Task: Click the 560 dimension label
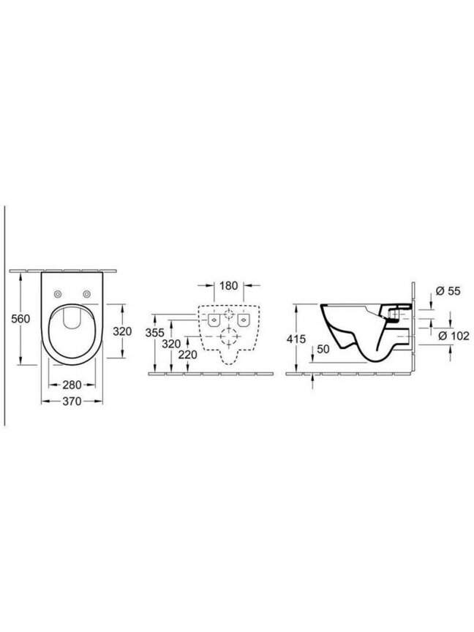point(20,319)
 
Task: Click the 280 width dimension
point(72,385)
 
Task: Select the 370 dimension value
point(72,402)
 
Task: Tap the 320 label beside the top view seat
point(122,331)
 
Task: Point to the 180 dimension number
point(228,286)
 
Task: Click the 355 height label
point(155,333)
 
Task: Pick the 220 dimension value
point(188,355)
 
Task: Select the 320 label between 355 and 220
point(171,345)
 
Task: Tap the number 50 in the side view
point(323,350)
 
